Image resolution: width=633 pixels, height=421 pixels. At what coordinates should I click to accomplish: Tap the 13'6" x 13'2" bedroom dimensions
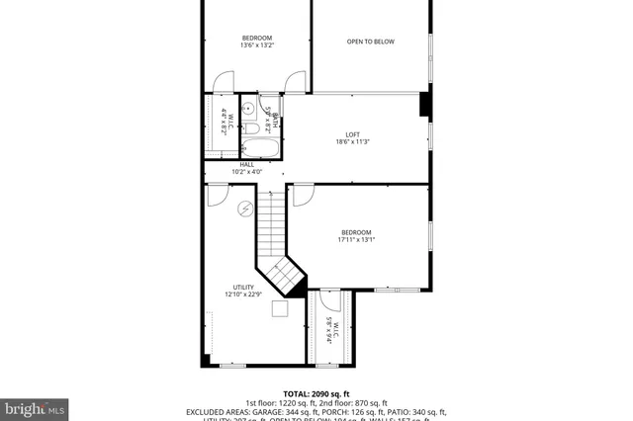pos(257,45)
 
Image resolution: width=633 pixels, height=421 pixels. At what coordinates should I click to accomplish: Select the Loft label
pos(352,134)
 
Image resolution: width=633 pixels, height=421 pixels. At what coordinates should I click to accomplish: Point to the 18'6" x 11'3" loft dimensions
pos(353,143)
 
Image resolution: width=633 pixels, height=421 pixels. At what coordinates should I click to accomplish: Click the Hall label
pos(246,164)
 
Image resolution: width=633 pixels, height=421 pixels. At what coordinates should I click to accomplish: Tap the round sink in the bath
pos(249,109)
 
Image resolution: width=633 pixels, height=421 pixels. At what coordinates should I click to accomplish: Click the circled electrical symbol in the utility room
pos(246,208)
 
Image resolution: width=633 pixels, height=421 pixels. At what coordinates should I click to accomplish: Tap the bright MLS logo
pos(35,406)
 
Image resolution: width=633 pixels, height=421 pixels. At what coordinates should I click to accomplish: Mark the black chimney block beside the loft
pos(424,105)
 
